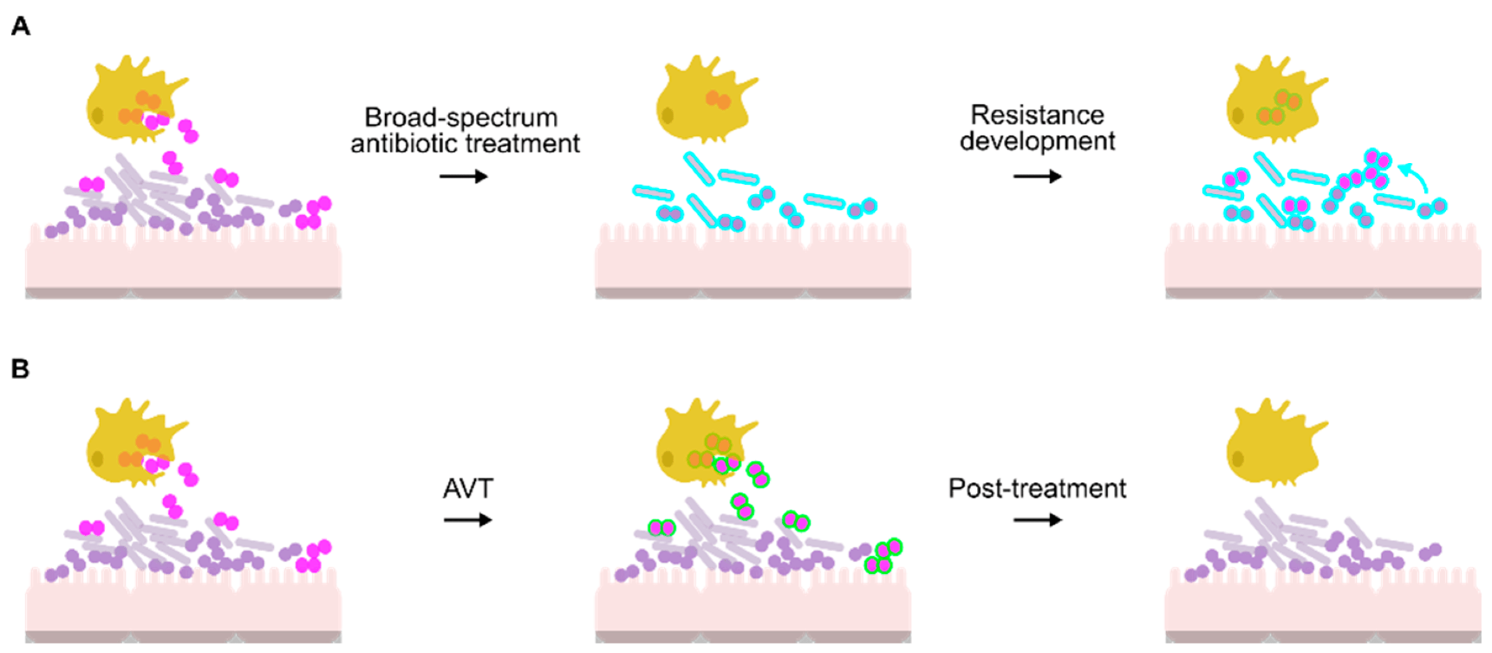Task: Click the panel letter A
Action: pos(21,27)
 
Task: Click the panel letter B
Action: pos(20,369)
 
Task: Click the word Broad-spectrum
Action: pos(460,118)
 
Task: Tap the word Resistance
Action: pos(1037,115)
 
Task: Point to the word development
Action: pos(1037,141)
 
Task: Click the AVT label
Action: pos(467,489)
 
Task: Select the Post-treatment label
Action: pos(1037,489)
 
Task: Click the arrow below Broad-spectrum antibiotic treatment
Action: pos(464,177)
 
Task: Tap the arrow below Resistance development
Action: pos(1037,177)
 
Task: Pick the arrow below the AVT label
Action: pos(467,520)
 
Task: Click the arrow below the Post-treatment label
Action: pos(1037,520)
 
